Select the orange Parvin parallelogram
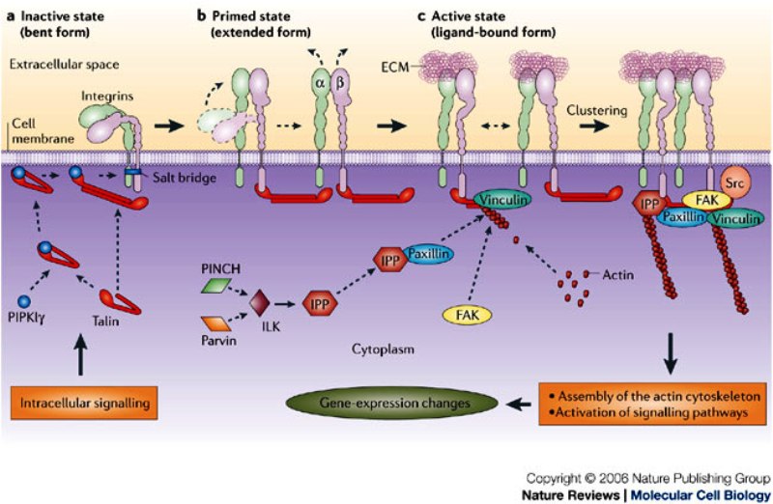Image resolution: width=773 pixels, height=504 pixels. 219,322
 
